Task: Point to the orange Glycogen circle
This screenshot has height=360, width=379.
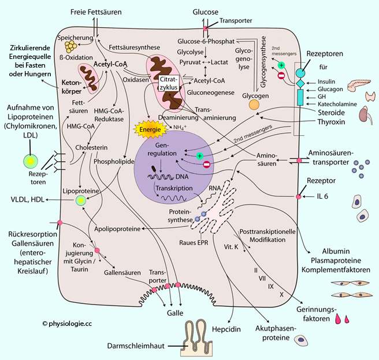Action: [254, 105]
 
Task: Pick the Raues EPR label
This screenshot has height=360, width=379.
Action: [209, 243]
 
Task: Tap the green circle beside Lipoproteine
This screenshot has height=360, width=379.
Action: [81, 201]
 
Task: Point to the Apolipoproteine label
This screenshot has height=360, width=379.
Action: [117, 229]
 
